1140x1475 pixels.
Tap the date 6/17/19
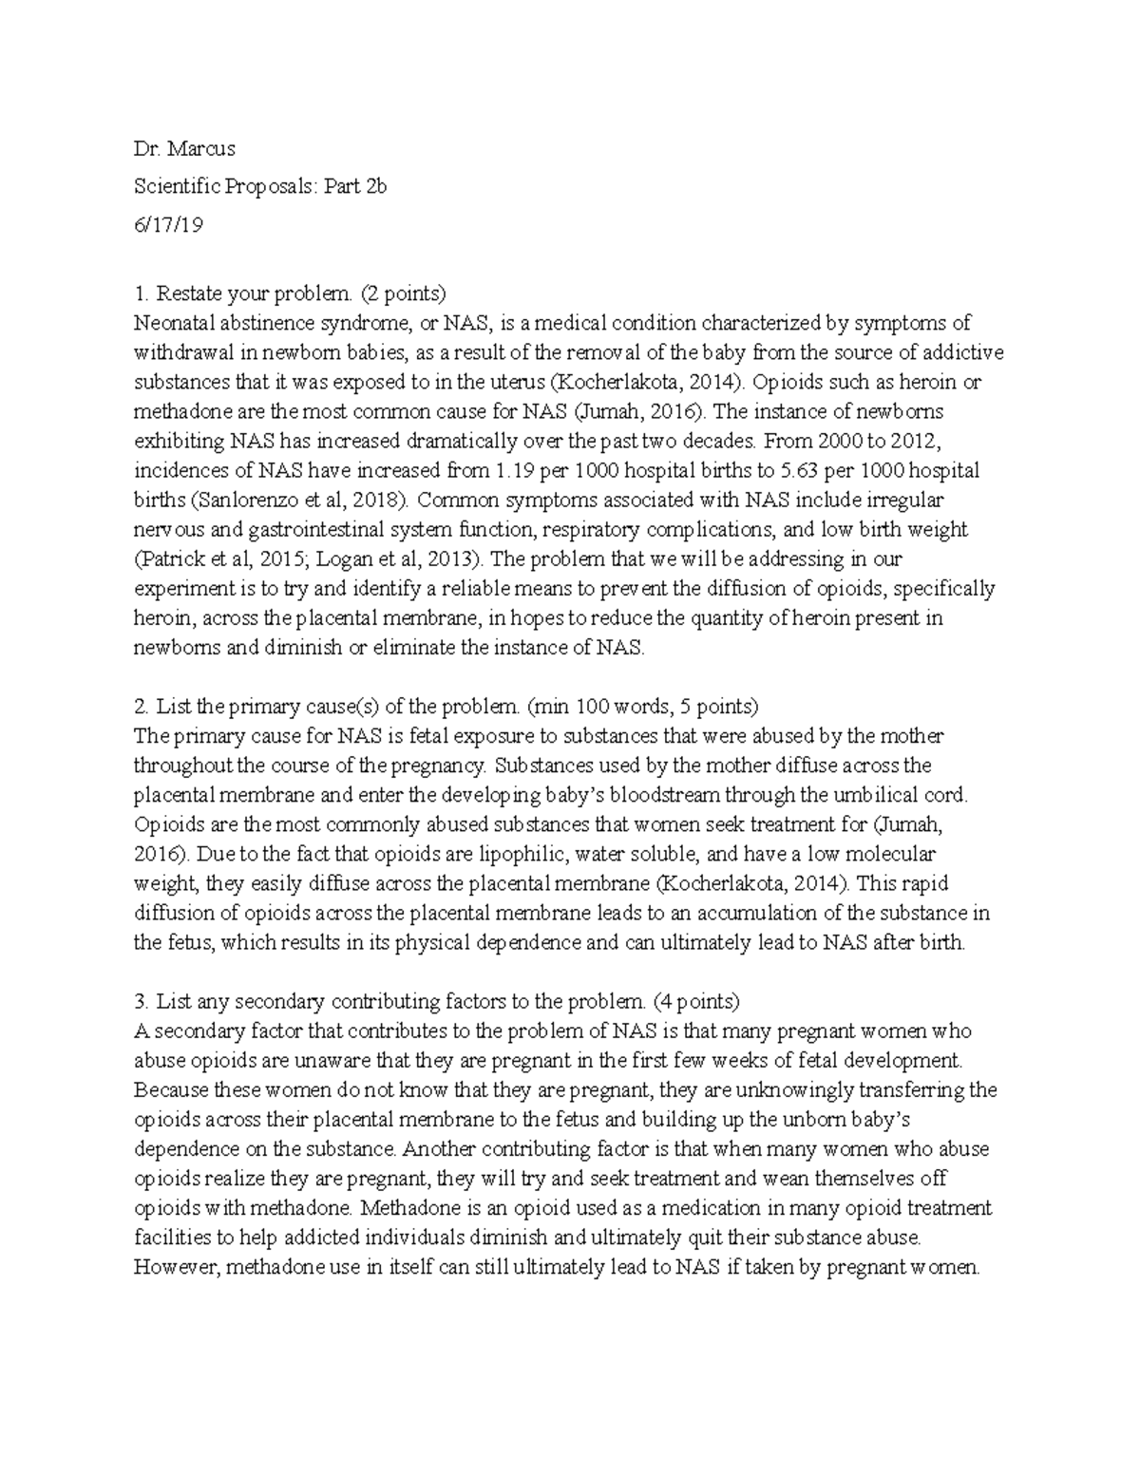pyautogui.click(x=168, y=226)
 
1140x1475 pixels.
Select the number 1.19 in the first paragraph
pyautogui.click(x=517, y=471)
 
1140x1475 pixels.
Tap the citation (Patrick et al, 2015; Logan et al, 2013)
pyautogui.click(x=322, y=559)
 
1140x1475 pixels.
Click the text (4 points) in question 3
pyautogui.click(x=696, y=1002)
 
